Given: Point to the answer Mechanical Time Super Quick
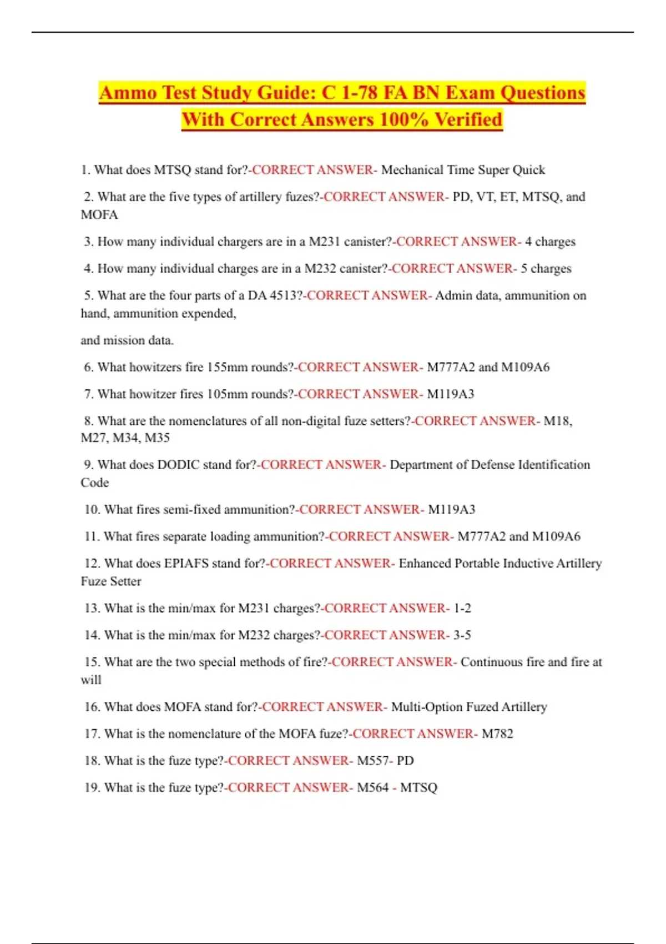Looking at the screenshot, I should click(x=463, y=170).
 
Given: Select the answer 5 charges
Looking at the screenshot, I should click(x=546, y=269).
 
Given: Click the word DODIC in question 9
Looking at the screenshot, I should click(x=178, y=465).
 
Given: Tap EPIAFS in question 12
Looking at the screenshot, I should click(x=186, y=564).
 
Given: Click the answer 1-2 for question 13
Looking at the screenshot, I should click(x=462, y=609).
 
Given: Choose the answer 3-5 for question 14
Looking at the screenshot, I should click(x=462, y=635).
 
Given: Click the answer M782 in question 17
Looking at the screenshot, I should click(x=497, y=734).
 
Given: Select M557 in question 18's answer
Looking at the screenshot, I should click(x=372, y=761).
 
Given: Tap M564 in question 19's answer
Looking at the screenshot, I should click(x=372, y=788).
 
